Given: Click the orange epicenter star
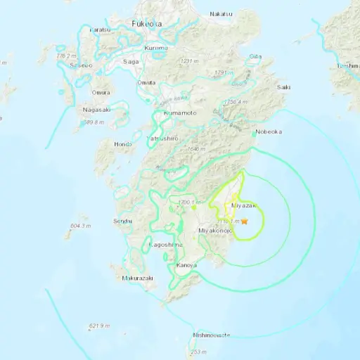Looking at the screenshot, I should pyautogui.click(x=245, y=221).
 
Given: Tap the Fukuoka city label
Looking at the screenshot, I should pyautogui.click(x=145, y=24).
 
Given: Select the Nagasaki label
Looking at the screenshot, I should pyautogui.click(x=96, y=110).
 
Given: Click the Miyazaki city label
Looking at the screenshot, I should pyautogui.click(x=244, y=205).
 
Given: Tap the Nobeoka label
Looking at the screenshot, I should pyautogui.click(x=267, y=131).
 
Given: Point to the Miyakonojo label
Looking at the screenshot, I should pyautogui.click(x=214, y=231).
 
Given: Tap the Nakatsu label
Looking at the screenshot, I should pyautogui.click(x=219, y=13).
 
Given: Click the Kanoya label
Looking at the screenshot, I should pyautogui.click(x=186, y=265).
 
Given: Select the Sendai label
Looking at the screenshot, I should pyautogui.click(x=122, y=221).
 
